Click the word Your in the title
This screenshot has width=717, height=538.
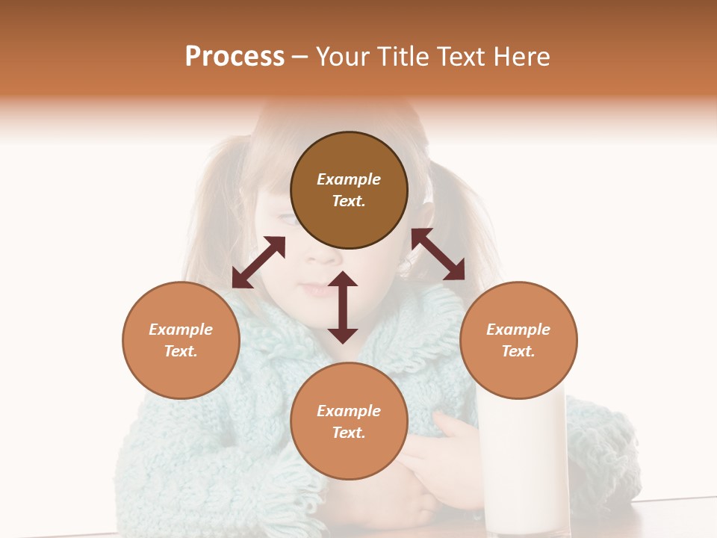coord(344,57)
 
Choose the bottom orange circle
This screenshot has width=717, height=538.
coord(349,456)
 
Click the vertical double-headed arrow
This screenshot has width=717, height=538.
coord(343,307)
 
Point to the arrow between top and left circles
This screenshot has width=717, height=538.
coord(258,262)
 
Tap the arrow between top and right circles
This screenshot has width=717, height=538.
coord(438,254)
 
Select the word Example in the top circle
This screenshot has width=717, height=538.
coord(349,179)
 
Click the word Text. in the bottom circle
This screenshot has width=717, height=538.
coord(349,433)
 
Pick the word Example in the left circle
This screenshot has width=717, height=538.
coord(181,330)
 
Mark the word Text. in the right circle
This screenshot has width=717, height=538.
coord(518,351)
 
